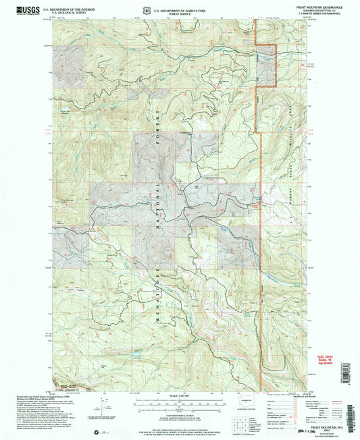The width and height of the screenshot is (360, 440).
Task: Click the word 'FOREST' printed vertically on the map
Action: (x=157, y=114)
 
